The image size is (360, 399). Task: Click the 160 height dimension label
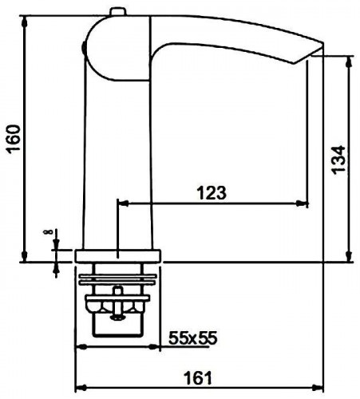click(x=14, y=139)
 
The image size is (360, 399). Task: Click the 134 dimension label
click(x=338, y=160)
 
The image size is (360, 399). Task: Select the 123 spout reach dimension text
click(x=212, y=193)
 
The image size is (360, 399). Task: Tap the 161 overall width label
click(x=198, y=377)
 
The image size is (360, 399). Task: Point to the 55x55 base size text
click(x=193, y=338)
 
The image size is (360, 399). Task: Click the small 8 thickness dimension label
click(x=47, y=232)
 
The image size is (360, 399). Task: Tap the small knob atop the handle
click(x=118, y=12)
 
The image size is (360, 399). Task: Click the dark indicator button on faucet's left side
click(x=83, y=49)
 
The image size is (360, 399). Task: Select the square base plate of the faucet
click(x=118, y=256)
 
